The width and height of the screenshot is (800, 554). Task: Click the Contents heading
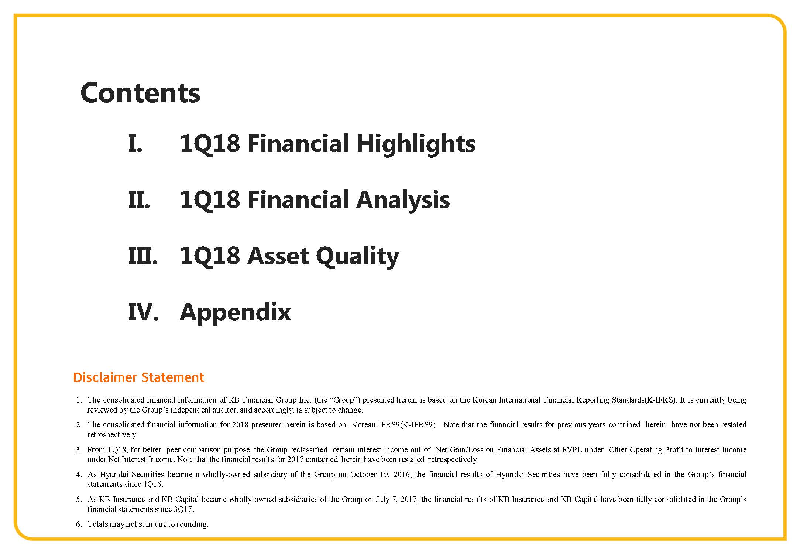(140, 93)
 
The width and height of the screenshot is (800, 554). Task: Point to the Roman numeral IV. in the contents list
(143, 312)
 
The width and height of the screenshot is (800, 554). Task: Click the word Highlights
(416, 144)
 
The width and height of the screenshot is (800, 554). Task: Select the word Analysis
(403, 201)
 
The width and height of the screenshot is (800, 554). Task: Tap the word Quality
(357, 257)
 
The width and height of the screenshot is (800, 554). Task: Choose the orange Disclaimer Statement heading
(138, 377)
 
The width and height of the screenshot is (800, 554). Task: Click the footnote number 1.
(79, 400)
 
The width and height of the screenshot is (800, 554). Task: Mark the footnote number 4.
(79, 475)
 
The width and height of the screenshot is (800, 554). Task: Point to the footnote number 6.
(79, 524)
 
